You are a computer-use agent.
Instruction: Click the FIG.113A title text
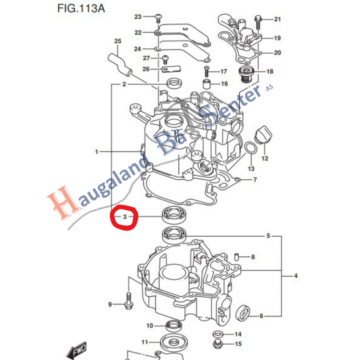click(81, 8)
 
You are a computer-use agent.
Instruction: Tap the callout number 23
click(138, 17)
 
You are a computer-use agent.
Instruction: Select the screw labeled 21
click(258, 22)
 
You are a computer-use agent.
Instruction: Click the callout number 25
click(118, 41)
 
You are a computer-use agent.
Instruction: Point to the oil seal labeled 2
click(174, 84)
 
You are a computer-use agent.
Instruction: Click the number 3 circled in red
click(124, 217)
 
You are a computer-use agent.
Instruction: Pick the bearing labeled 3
click(174, 214)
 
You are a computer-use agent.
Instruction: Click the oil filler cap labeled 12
click(263, 134)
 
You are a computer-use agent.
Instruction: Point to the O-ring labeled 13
click(250, 148)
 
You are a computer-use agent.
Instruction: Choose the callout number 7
click(255, 180)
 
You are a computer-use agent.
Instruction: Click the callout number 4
click(296, 276)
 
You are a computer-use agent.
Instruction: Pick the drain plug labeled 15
click(217, 343)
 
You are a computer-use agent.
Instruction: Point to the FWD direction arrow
click(76, 350)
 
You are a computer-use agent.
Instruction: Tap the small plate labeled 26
click(171, 69)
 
